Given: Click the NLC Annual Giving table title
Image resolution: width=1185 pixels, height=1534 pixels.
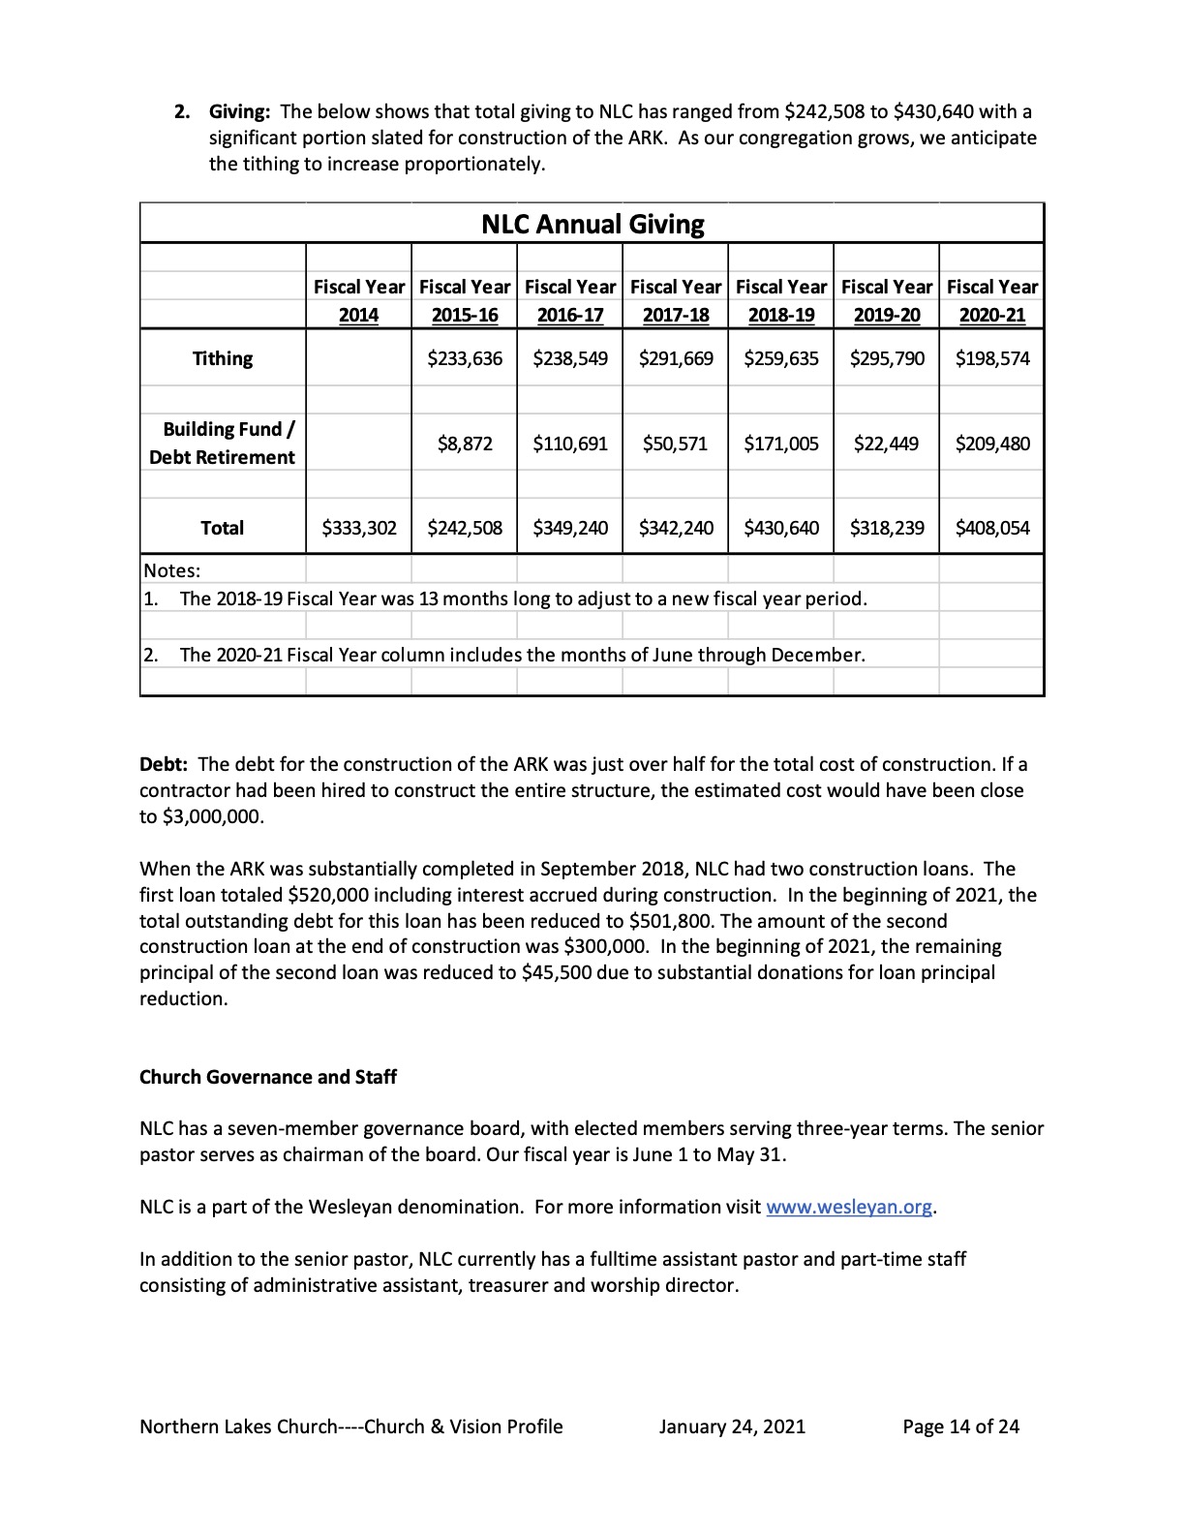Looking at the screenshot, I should [592, 225].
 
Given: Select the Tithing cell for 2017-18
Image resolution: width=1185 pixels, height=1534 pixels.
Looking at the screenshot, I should [676, 358].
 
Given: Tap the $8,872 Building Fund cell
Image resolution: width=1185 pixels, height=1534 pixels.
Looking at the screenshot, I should [465, 444].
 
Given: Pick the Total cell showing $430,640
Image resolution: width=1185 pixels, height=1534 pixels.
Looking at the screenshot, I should [781, 528].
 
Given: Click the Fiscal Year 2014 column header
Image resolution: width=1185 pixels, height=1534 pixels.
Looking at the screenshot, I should [359, 301].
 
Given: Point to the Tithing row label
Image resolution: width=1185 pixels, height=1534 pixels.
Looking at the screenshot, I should [223, 358].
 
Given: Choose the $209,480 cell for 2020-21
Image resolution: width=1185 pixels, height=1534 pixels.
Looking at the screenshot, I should [992, 444].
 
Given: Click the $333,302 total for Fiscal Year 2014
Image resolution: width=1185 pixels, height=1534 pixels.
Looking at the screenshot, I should [359, 528].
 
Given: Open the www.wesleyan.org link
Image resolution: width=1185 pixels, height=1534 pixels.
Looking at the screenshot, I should [849, 1207].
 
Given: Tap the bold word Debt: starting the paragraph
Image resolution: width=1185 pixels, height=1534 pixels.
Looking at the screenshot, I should [164, 764].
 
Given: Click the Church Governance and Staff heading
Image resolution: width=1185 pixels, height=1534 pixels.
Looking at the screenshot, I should [268, 1077].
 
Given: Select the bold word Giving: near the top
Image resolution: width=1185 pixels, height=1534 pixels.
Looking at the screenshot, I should [240, 111].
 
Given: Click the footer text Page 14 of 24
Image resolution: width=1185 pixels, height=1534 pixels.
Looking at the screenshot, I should [960, 1426].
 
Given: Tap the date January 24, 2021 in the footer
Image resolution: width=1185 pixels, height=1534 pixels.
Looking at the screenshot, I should [732, 1426].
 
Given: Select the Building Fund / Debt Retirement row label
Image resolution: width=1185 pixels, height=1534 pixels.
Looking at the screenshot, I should [223, 444].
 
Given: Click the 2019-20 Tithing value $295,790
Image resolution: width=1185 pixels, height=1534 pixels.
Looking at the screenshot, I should [887, 358].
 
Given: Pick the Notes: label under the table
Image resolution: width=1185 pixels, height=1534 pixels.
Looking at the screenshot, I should [172, 570].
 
